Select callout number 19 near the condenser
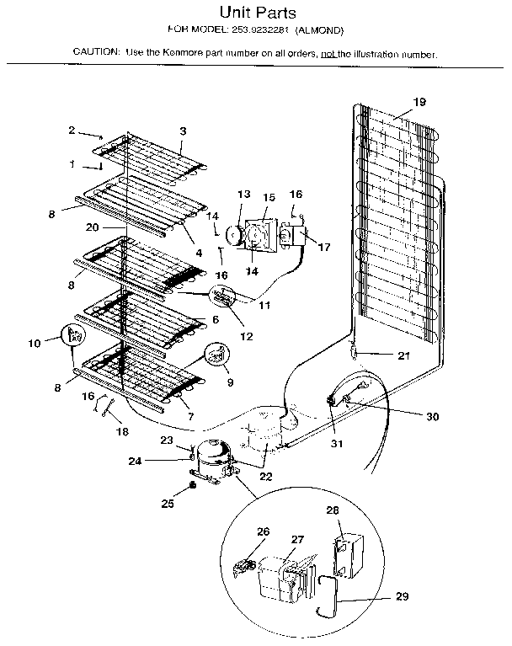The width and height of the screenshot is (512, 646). pyautogui.click(x=419, y=102)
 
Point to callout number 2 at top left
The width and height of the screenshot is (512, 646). pyautogui.click(x=72, y=130)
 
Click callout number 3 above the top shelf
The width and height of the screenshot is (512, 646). pyautogui.click(x=183, y=131)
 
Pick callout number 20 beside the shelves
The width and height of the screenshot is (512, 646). pyautogui.click(x=92, y=227)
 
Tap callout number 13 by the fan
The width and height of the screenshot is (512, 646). pyautogui.click(x=243, y=194)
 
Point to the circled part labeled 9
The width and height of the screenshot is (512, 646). pyautogui.click(x=218, y=356)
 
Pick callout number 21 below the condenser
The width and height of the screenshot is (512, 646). pyautogui.click(x=403, y=355)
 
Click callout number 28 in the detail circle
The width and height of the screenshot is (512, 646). pyautogui.click(x=333, y=510)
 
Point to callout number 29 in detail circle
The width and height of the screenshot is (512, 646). pyautogui.click(x=402, y=597)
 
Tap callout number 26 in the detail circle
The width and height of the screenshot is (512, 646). pyautogui.click(x=264, y=531)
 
